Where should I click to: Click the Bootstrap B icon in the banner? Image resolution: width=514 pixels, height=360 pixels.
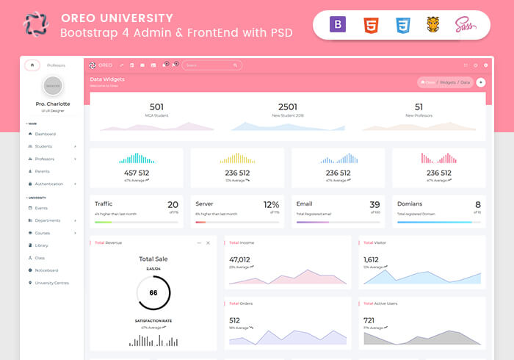(339, 26)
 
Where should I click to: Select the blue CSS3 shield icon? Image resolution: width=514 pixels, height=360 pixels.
(402, 26)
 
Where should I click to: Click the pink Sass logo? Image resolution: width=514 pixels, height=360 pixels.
(465, 25)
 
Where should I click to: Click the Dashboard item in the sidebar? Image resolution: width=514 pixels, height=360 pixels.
(45, 134)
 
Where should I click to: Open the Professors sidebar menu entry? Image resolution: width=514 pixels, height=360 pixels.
(45, 159)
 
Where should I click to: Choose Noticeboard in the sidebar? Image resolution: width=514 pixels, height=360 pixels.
(46, 270)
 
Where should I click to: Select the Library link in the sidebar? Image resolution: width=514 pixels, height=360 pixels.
(41, 245)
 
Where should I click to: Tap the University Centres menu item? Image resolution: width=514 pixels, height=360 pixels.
(51, 283)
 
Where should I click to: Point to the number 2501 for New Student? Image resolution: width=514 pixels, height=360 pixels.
(288, 107)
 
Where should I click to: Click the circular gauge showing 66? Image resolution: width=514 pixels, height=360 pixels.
(153, 292)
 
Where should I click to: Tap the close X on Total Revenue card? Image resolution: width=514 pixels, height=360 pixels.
(208, 242)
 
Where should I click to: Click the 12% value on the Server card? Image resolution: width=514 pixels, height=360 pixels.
(271, 205)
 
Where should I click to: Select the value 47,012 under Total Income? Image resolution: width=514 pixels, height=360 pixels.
(239, 259)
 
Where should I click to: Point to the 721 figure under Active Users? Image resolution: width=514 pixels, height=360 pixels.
(369, 320)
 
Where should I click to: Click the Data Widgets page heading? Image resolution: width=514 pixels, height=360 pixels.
(107, 79)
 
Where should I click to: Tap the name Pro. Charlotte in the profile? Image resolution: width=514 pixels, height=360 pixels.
(53, 104)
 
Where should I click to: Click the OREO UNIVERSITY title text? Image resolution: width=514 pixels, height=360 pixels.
(117, 18)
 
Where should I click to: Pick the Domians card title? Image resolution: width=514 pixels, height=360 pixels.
(410, 204)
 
